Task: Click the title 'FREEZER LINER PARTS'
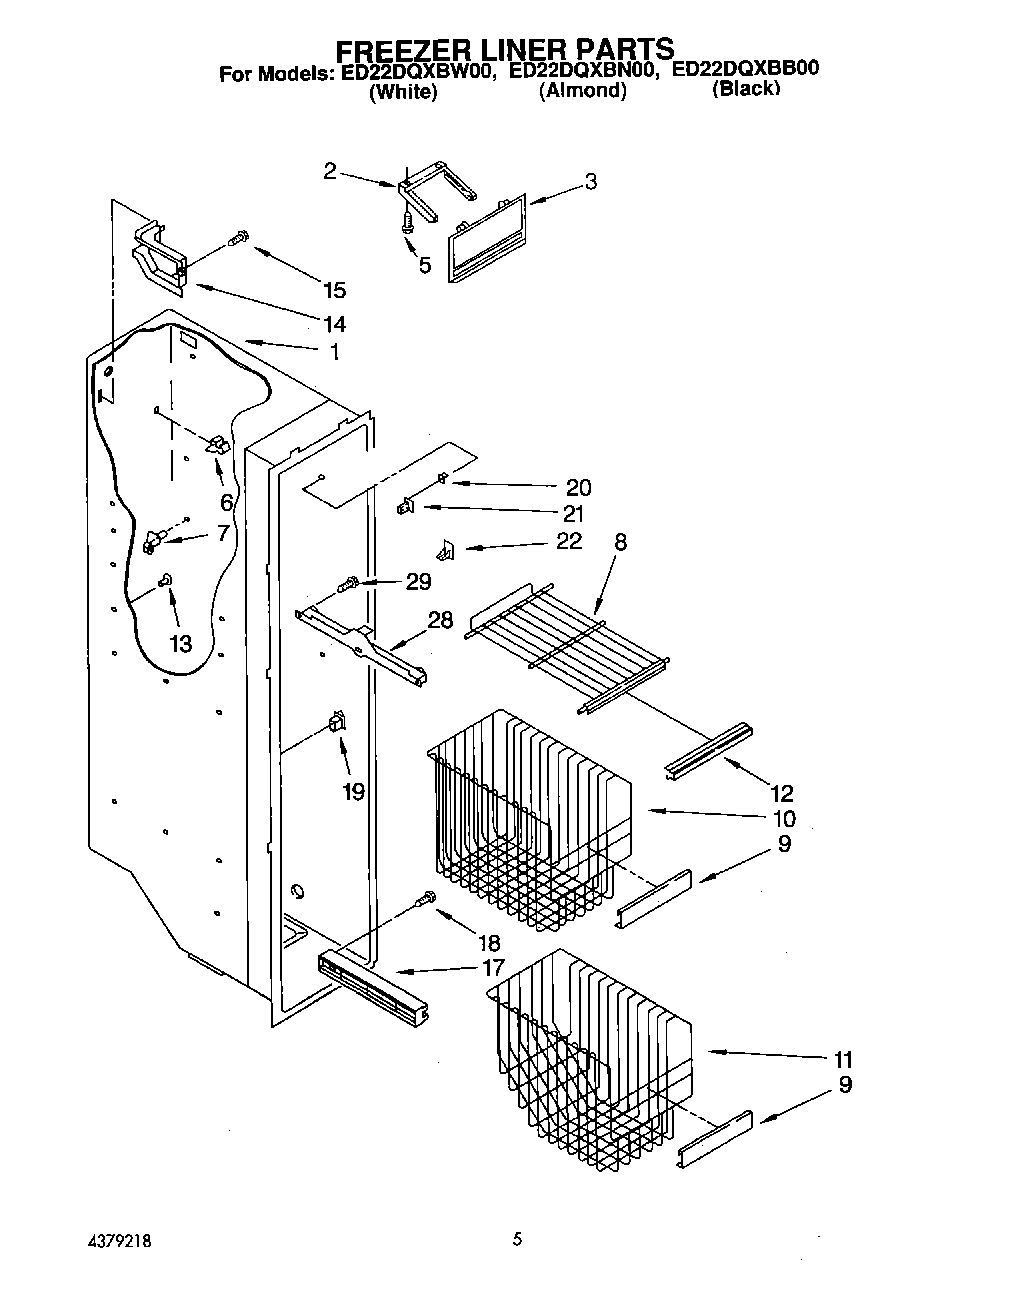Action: click(503, 49)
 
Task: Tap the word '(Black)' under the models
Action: click(744, 90)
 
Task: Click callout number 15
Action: click(334, 291)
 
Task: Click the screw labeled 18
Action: click(427, 900)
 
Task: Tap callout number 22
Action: click(568, 541)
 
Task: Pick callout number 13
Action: click(180, 644)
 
